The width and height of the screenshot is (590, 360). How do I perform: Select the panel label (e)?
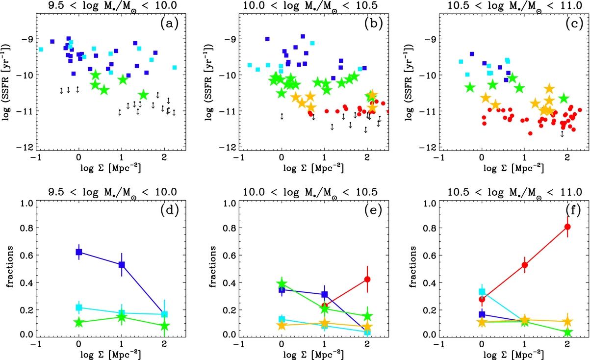[x=372, y=213]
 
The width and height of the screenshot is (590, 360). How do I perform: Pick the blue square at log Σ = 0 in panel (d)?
[x=79, y=252]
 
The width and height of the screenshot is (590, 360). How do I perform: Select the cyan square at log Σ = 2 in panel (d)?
[x=165, y=314]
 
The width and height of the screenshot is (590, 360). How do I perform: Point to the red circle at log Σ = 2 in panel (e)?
[x=367, y=279]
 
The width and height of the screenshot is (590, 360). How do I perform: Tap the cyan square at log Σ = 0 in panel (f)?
[x=482, y=292]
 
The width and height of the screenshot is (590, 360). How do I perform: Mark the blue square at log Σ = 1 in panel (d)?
[x=122, y=265]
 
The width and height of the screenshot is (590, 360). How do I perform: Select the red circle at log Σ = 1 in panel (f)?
[x=525, y=265]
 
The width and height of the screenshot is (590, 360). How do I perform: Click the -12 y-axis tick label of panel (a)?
[x=26, y=147]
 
